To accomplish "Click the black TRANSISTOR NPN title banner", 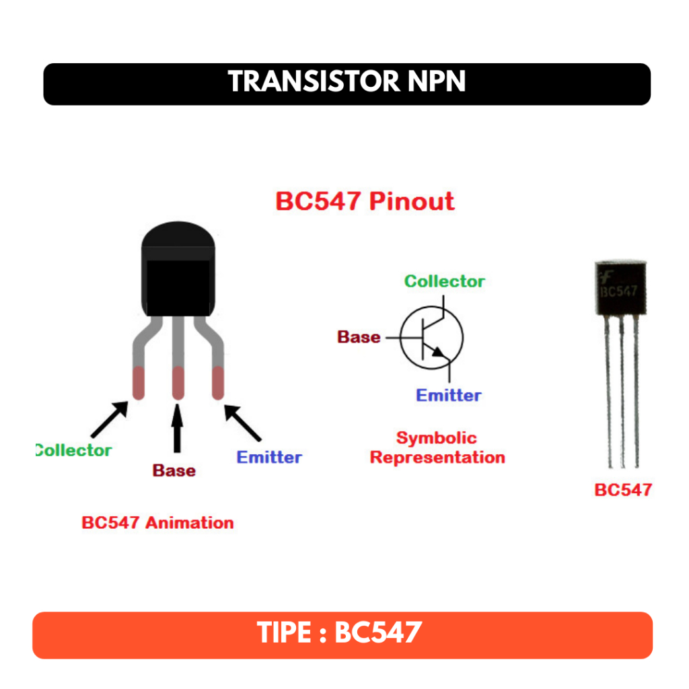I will tap(347, 83).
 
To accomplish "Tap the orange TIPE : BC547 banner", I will tap(342, 634).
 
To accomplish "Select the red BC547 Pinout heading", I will tap(365, 202).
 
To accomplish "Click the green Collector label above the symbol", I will tap(444, 281).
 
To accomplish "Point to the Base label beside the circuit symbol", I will tap(359, 337).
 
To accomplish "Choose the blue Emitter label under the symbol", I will tap(448, 395).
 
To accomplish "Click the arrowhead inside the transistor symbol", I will tap(439, 352).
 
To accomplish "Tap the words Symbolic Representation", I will tap(437, 448).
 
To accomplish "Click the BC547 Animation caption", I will tap(157, 523).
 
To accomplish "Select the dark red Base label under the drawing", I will tap(174, 470).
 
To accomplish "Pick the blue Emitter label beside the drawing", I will tap(269, 458).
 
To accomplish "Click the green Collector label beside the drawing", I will tap(74, 450).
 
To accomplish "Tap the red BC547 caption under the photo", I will tap(623, 489).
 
